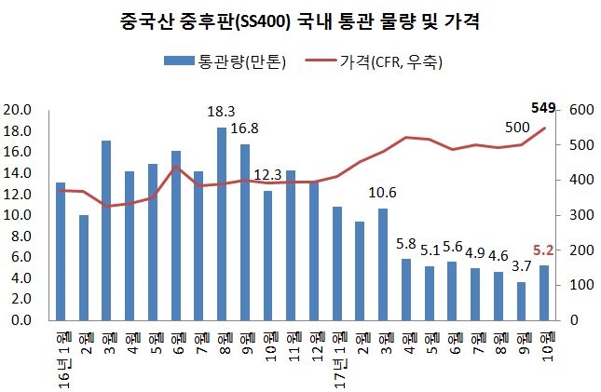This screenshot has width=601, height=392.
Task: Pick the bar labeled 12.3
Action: point(268,255)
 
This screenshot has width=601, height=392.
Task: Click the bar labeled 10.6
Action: point(383,264)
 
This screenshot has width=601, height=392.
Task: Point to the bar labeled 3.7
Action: point(522,301)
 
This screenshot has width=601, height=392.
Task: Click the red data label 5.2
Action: point(544,250)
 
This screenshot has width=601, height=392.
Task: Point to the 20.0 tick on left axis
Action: point(19,110)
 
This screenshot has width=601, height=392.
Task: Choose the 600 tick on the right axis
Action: point(578,110)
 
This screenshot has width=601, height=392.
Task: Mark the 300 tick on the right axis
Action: point(578,215)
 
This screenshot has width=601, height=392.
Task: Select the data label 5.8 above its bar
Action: point(406,244)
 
